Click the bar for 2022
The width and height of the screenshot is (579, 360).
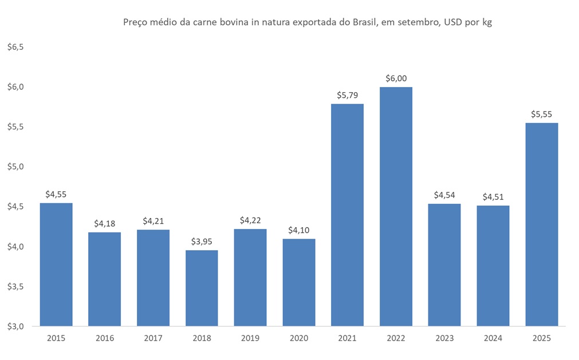(x=396, y=206)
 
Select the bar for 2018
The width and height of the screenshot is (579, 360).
(x=202, y=288)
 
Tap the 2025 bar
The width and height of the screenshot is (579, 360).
(x=541, y=224)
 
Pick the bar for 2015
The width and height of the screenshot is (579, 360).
(x=56, y=264)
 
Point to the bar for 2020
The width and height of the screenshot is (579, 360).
(x=298, y=282)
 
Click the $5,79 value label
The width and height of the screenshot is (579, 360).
(x=347, y=96)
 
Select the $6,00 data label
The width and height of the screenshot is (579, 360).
(x=396, y=78)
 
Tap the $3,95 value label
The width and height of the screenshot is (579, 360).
(x=202, y=242)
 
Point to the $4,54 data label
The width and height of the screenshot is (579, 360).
(x=444, y=195)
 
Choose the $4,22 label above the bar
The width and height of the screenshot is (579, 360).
(x=250, y=220)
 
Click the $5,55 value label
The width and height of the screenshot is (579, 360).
(x=541, y=114)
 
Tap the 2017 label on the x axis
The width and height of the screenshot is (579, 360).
(x=153, y=338)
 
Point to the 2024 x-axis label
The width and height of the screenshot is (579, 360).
(x=493, y=338)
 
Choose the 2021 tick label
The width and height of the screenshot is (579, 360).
(x=347, y=338)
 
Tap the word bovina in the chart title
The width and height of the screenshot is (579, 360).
(x=231, y=23)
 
